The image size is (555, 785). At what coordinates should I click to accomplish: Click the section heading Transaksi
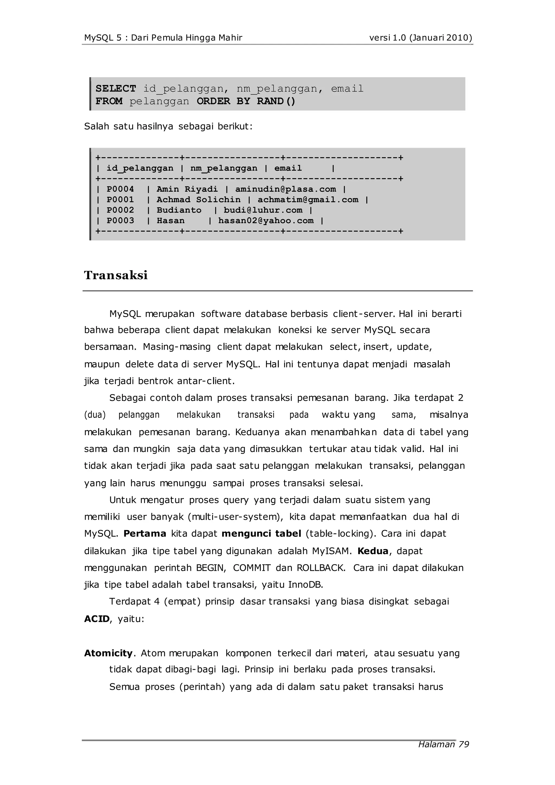point(116,275)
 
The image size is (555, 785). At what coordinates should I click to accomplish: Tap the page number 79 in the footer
point(464,744)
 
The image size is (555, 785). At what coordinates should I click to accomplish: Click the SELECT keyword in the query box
point(116,89)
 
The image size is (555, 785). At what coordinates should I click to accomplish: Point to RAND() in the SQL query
point(276,101)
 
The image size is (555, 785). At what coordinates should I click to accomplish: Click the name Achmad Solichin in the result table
point(199,200)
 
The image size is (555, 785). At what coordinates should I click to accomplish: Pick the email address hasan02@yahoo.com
point(266,221)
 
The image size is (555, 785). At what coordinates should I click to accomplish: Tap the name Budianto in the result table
point(179,210)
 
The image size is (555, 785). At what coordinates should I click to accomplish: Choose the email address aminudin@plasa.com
point(286,189)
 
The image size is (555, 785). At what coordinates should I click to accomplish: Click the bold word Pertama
point(145,534)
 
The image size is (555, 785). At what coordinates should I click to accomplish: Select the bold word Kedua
point(373,551)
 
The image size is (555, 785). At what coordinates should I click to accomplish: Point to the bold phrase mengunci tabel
point(262,534)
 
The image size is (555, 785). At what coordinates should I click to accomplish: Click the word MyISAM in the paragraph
point(331,551)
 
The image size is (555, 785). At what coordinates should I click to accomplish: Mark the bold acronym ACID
point(97,619)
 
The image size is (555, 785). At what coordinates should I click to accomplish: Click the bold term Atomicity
point(108,653)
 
